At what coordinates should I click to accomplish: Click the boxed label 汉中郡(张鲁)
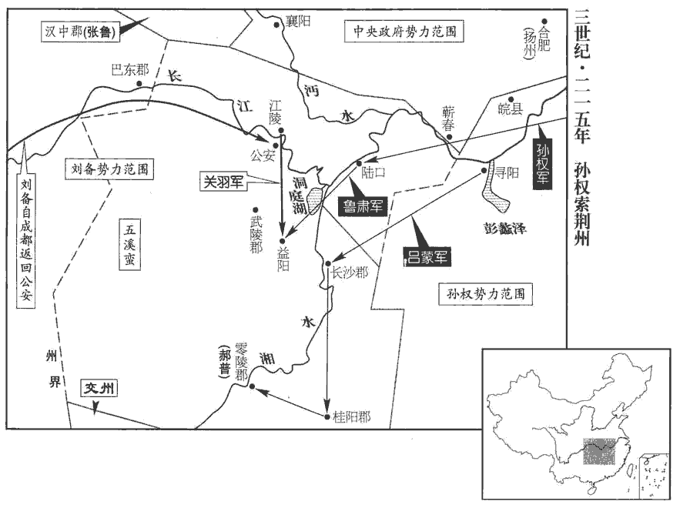pos(79,32)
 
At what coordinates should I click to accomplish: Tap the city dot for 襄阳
pos(279,23)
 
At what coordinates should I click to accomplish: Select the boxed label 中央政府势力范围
pos(405,32)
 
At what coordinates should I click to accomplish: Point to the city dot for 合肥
pos(544,22)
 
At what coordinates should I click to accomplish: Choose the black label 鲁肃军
pos(360,204)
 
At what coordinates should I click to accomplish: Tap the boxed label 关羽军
pos(223,182)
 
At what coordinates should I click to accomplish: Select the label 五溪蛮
pos(130,246)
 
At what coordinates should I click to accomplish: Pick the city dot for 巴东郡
pos(139,82)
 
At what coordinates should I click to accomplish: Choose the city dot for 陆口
pos(358,163)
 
